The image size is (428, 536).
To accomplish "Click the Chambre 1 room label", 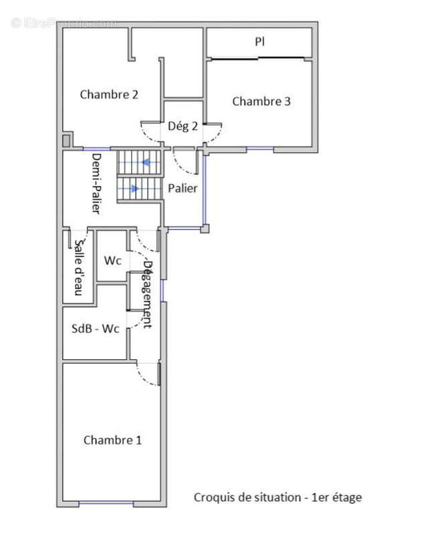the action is click(112, 440).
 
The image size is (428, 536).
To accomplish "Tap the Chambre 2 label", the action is click(109, 94).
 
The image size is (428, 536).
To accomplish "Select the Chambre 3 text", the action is click(261, 101).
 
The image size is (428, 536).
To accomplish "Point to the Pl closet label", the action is click(259, 42).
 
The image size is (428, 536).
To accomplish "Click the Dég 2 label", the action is click(183, 126).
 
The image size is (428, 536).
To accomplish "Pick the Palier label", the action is click(183, 188).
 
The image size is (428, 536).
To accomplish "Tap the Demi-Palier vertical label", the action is click(96, 184).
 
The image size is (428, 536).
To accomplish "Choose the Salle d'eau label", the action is click(79, 267).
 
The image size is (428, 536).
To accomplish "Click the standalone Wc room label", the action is click(112, 261).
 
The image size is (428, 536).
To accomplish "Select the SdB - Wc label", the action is click(95, 328).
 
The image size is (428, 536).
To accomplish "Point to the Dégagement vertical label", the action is click(147, 295).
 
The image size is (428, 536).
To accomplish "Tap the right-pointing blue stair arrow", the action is click(135, 188).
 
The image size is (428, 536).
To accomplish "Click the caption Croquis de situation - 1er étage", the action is click(278, 497).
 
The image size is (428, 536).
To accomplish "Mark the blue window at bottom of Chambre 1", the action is click(106, 503).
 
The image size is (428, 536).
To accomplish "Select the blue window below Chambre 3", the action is click(260, 148).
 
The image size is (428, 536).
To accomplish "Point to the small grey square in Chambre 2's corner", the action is click(66, 141).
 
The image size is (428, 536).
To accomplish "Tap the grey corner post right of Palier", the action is click(205, 228).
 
